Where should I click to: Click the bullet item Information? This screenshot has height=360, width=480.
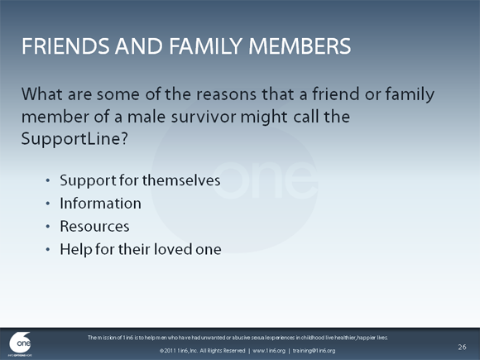[x=100, y=203]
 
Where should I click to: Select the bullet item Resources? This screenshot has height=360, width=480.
[x=94, y=225]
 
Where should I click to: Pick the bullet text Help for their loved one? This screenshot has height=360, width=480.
[x=141, y=248]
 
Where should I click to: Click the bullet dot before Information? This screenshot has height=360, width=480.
[x=48, y=204]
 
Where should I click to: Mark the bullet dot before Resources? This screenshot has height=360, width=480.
[x=48, y=226]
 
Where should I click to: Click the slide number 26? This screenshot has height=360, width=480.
[x=462, y=345]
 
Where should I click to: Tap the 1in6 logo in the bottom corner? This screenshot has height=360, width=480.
[x=21, y=343]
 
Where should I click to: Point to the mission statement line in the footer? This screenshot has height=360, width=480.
[x=238, y=338]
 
